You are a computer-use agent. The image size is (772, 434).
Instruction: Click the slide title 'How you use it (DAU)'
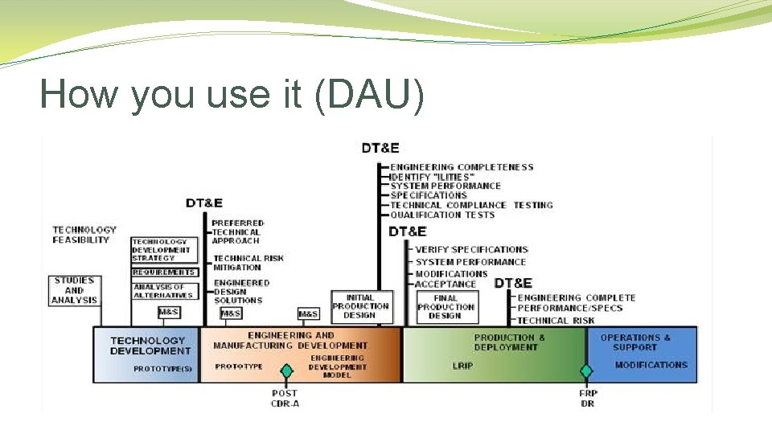coord(232,94)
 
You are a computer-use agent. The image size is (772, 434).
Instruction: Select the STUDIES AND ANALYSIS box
coord(74,291)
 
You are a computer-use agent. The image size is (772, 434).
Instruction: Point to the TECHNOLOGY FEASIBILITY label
coord(84,235)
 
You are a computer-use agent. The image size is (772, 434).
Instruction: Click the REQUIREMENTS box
coord(164,272)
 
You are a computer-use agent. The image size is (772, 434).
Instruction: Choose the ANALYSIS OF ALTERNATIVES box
coord(164,291)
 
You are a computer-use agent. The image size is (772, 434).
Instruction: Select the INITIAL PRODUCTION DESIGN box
coord(360,306)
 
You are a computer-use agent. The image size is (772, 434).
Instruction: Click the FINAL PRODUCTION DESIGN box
coord(446,306)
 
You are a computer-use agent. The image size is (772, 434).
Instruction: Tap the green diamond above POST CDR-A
coord(285,371)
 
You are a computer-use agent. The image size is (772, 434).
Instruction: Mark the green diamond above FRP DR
coord(587,371)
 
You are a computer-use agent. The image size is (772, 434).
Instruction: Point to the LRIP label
coord(463,366)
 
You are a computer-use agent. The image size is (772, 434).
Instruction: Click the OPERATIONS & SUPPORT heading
coord(634,342)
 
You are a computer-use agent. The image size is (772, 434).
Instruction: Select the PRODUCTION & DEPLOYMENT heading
coord(509,342)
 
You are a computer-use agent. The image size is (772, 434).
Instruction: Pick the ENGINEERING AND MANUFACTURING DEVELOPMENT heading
coord(290,340)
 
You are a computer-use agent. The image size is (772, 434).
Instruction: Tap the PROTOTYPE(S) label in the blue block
coord(163,369)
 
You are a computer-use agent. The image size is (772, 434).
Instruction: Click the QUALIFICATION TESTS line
coord(442,215)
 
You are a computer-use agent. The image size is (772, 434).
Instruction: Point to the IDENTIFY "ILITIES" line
coord(433,177)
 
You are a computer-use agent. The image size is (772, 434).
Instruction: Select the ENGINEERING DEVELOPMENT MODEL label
coord(337,366)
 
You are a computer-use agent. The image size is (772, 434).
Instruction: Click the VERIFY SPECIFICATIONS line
coord(471,250)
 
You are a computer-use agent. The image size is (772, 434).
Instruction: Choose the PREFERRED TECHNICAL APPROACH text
coord(237,231)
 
